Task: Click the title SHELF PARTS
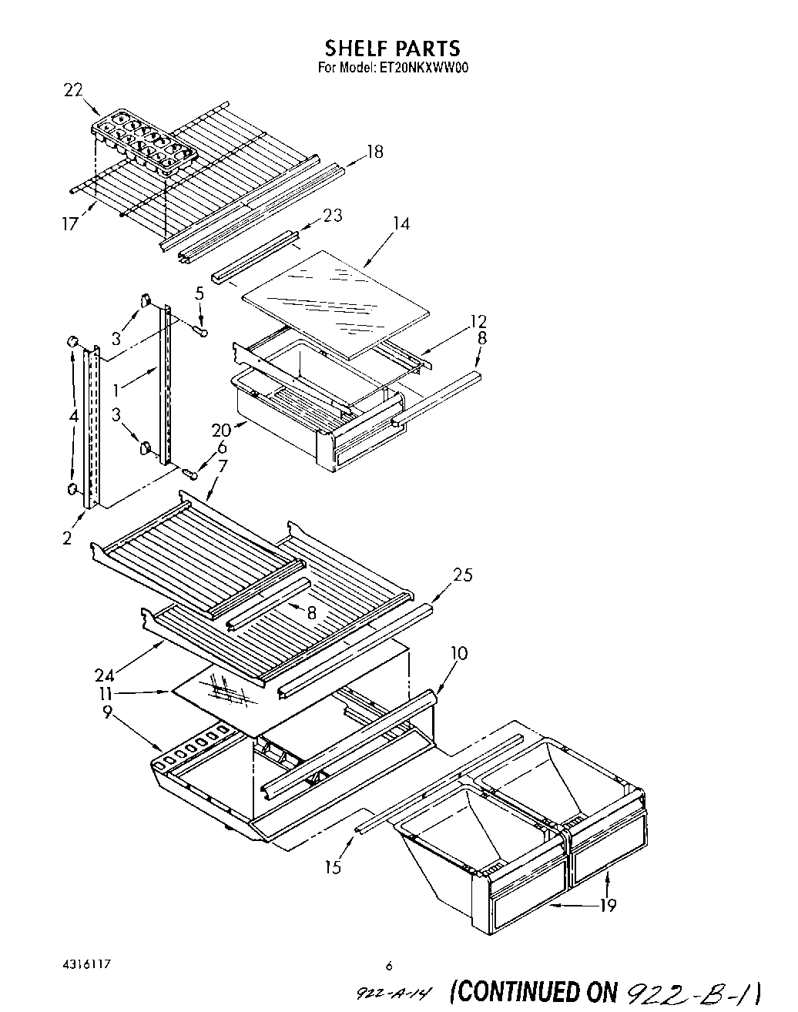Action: point(393,48)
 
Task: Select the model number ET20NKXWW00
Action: point(423,67)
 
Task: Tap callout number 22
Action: point(72,90)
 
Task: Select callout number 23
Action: point(332,216)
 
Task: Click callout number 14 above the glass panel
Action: point(401,223)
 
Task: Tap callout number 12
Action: point(478,321)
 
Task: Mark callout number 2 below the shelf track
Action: point(68,538)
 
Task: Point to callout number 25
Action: point(462,575)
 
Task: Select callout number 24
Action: point(104,675)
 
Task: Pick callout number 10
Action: point(458,653)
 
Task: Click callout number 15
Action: point(333,868)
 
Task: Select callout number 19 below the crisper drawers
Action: point(608,905)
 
